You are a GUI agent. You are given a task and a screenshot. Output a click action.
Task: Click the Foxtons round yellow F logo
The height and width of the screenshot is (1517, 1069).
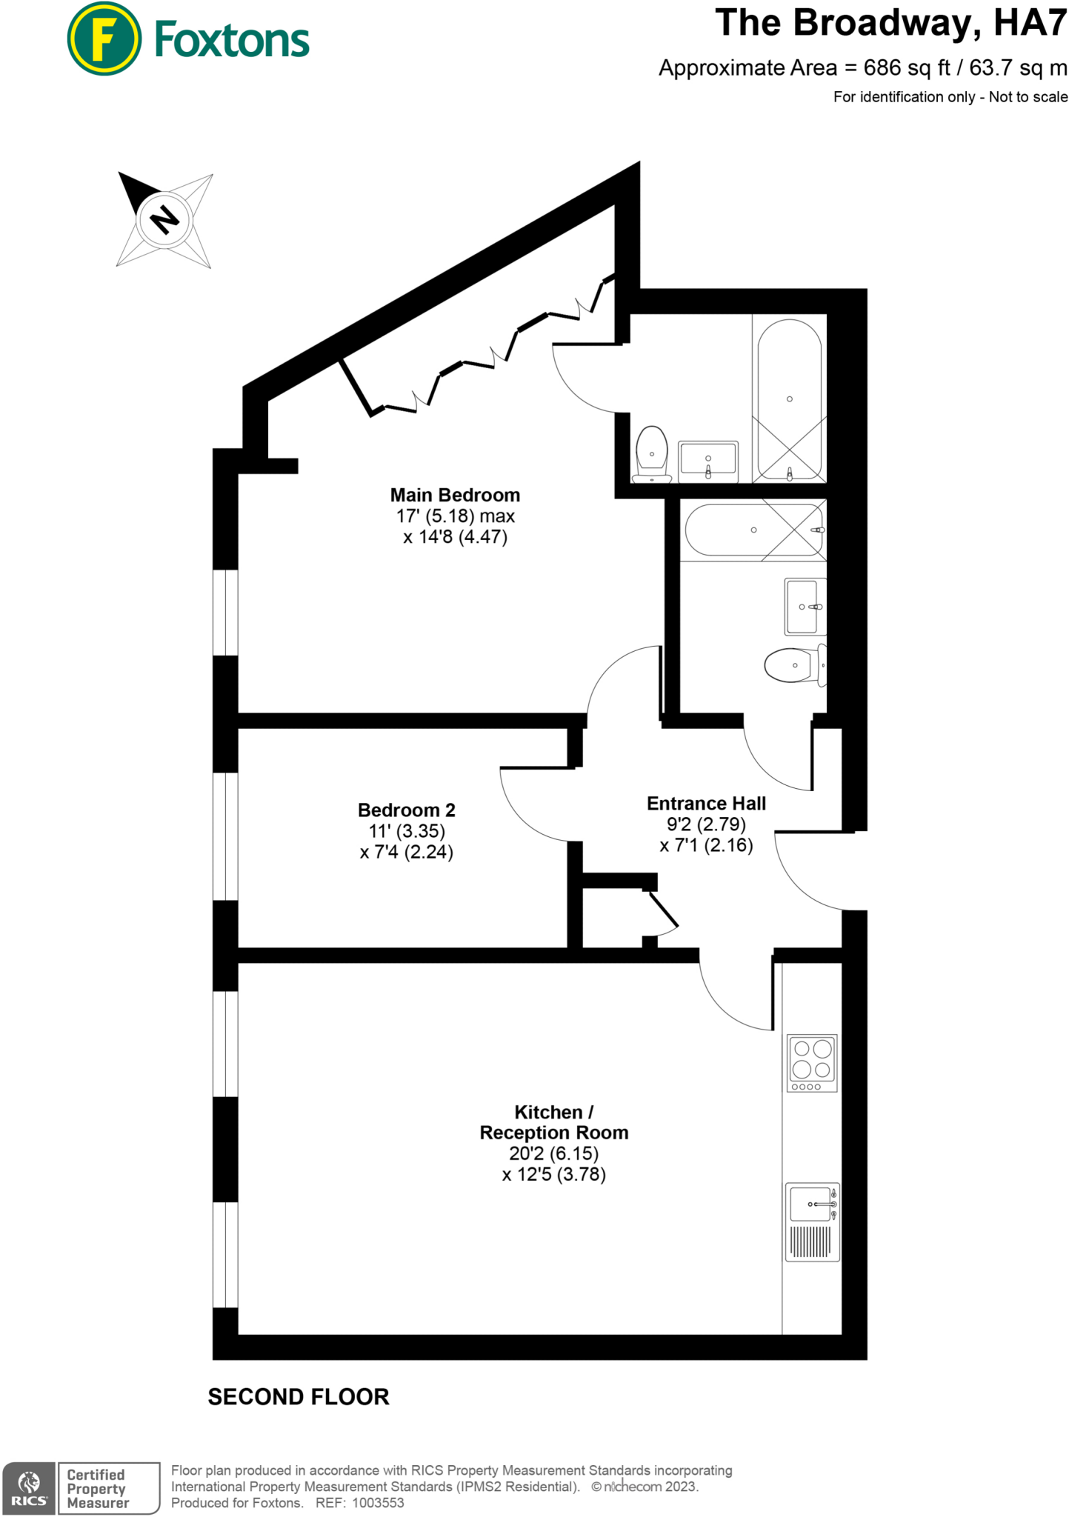(x=104, y=39)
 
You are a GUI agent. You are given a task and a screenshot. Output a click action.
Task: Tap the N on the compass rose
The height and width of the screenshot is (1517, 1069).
(x=164, y=219)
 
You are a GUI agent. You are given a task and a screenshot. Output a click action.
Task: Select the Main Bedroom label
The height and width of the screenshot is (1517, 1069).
(x=455, y=495)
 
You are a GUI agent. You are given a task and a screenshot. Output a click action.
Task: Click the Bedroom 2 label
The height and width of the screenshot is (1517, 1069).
(x=406, y=810)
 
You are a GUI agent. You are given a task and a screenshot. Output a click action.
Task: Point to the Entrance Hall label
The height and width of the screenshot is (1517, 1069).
(x=706, y=804)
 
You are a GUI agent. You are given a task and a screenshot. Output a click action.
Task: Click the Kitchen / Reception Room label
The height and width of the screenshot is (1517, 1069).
(x=553, y=1122)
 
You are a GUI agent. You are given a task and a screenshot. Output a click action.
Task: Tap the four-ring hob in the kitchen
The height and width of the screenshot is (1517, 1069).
(x=812, y=1062)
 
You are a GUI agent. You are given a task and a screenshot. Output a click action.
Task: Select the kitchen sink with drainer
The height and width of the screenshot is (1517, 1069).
(x=812, y=1221)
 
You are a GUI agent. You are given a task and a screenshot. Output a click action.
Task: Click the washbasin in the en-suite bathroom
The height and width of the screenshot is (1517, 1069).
(x=708, y=459)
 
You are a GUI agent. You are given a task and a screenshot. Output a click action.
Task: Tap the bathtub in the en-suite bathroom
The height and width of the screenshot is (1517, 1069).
(x=790, y=399)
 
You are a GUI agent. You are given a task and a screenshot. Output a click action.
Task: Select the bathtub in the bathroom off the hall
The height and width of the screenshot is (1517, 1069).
(x=754, y=530)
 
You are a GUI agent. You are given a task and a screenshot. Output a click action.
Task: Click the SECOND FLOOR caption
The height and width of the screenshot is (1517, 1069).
(x=299, y=1397)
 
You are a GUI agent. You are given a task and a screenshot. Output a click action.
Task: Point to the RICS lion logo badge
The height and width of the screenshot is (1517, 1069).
(x=29, y=1488)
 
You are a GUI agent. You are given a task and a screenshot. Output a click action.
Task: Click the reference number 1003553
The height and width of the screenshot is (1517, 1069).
(x=378, y=1503)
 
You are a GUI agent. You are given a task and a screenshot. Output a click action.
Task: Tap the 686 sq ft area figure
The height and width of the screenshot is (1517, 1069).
(x=907, y=68)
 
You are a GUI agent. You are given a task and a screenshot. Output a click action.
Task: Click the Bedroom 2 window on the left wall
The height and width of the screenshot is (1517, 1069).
(x=225, y=836)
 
